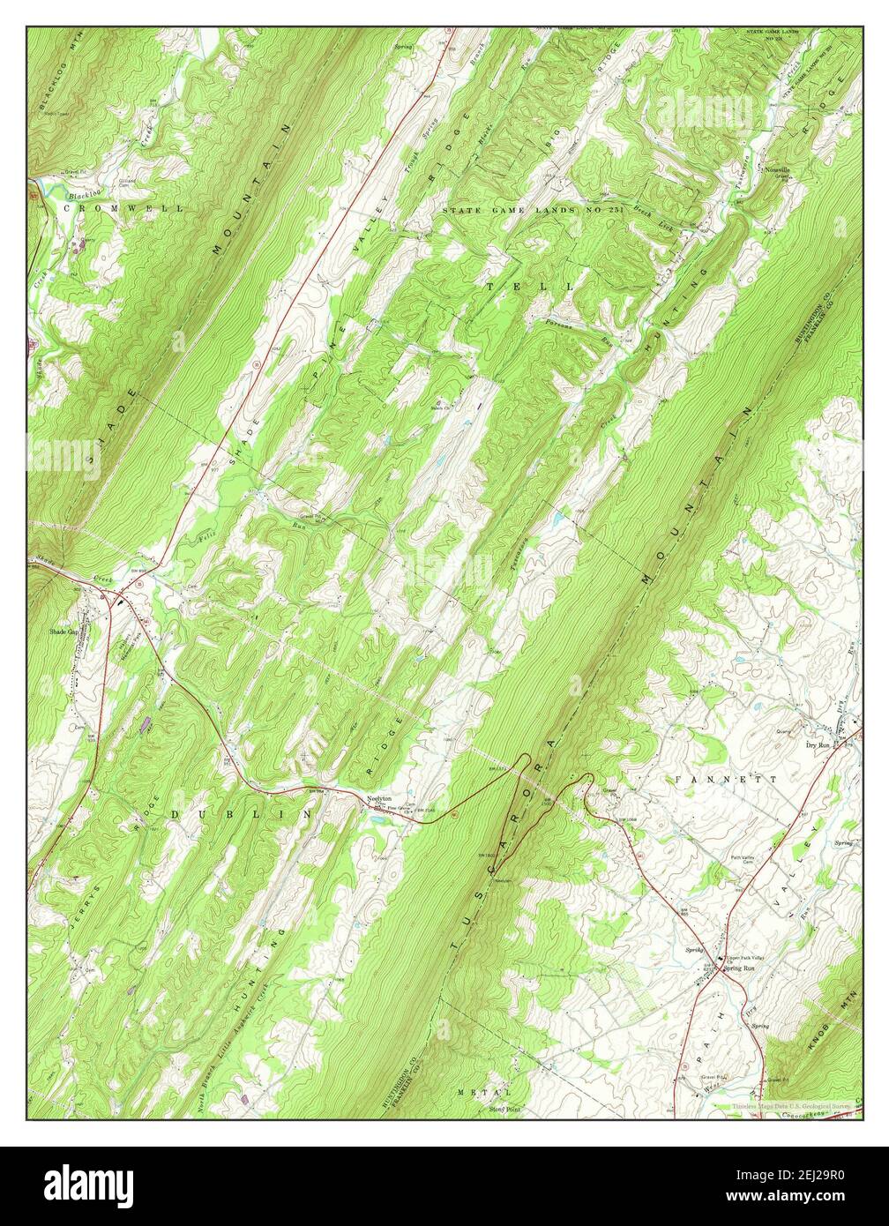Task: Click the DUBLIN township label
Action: tap(242, 814)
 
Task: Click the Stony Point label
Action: tap(504, 1109)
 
